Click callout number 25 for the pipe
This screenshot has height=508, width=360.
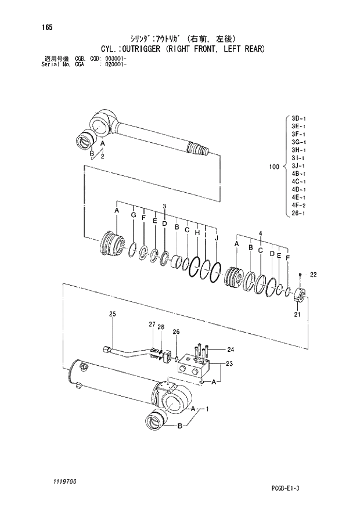(x=113, y=315)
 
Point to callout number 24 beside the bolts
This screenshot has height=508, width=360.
(x=230, y=350)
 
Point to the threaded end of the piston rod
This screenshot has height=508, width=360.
(x=200, y=150)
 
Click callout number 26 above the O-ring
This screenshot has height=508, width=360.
(x=176, y=332)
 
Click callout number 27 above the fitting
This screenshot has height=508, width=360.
(x=152, y=324)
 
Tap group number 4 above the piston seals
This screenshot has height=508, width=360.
(x=260, y=233)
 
